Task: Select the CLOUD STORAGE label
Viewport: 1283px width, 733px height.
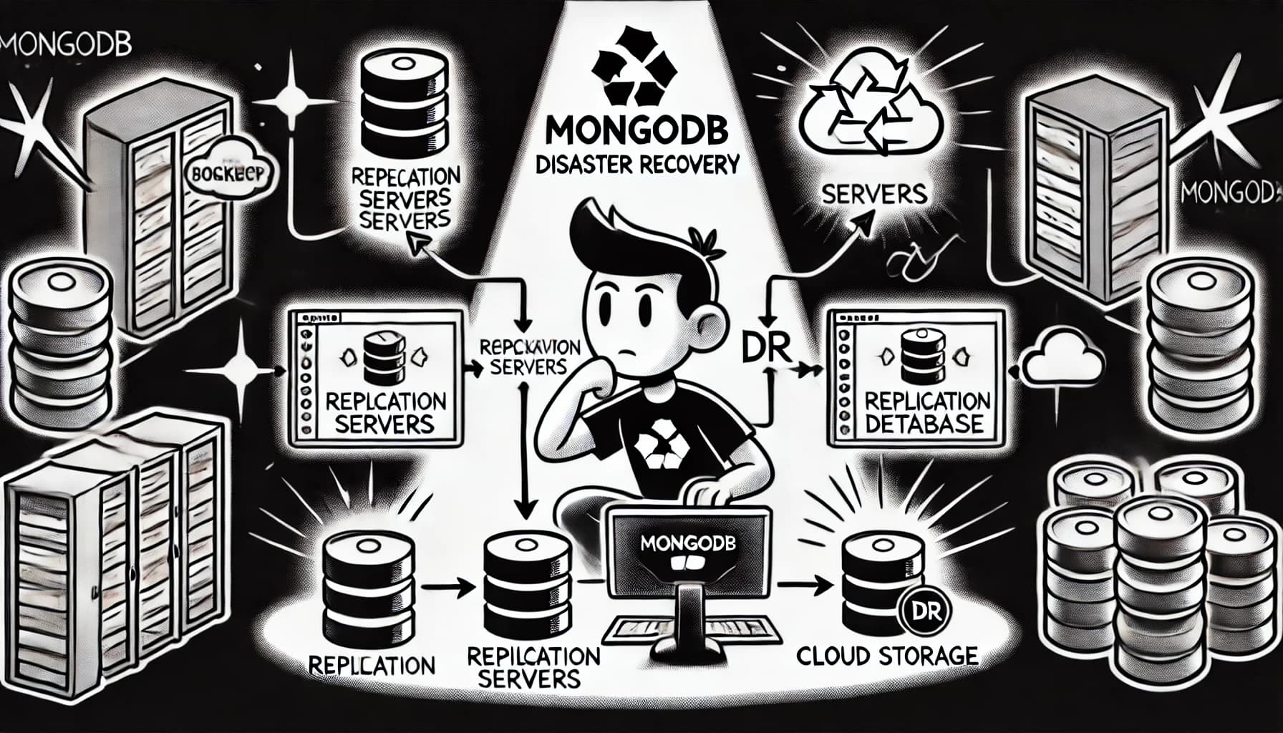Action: click(x=887, y=656)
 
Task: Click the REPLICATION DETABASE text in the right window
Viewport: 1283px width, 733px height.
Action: click(x=923, y=412)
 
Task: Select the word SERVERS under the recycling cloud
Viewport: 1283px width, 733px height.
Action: click(x=874, y=193)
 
